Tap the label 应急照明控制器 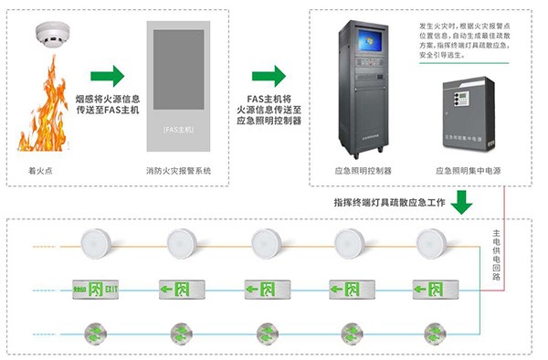click(x=363, y=172)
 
